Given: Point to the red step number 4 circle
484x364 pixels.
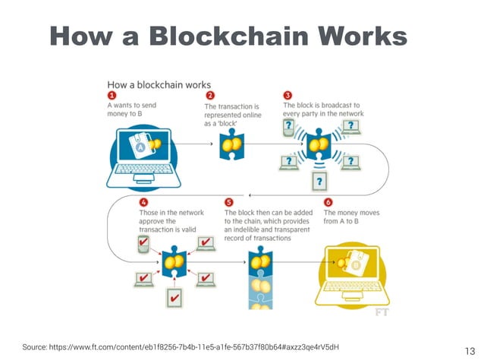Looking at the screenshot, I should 143,203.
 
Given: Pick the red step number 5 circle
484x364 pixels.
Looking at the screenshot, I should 229,203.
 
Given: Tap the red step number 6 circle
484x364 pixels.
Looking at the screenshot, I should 328,203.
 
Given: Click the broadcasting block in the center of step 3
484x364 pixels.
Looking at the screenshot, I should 319,143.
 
